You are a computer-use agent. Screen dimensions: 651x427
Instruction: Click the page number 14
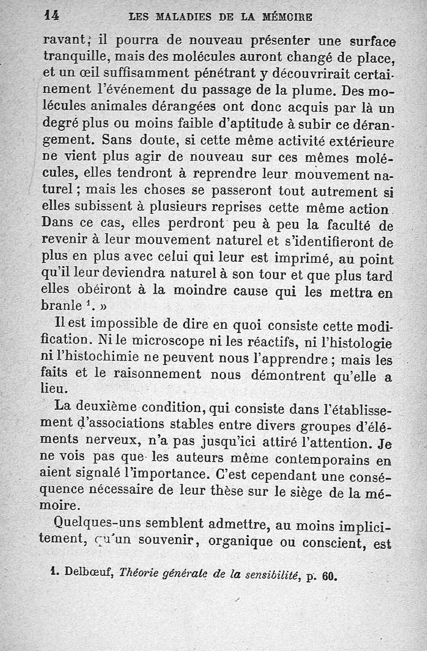(51, 16)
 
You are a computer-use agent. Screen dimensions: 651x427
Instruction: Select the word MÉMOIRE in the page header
(288, 17)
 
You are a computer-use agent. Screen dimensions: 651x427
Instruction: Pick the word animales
(109, 108)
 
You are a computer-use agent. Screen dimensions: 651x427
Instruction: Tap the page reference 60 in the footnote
(330, 576)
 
